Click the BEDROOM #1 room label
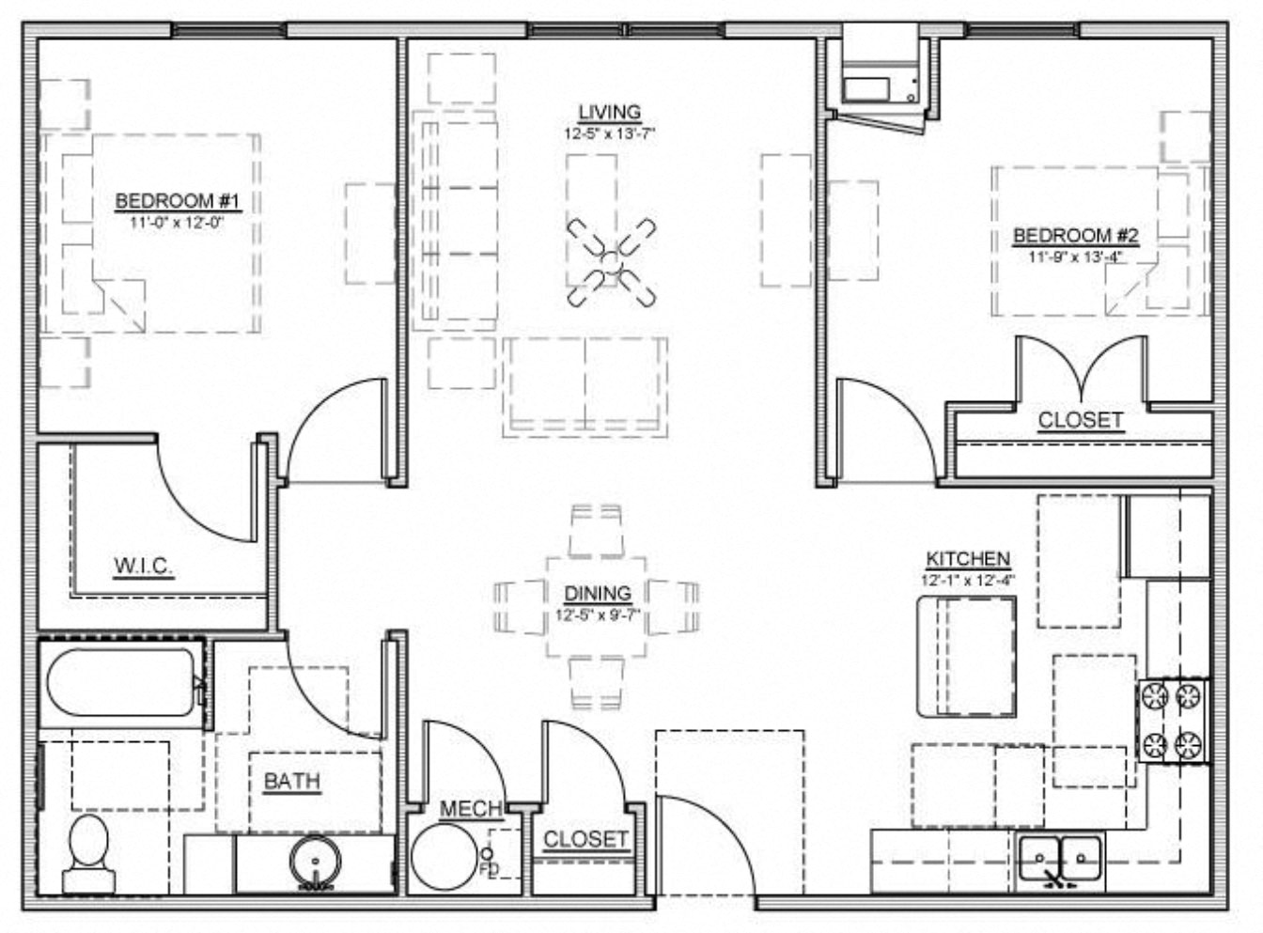[179, 201]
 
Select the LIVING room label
[609, 112]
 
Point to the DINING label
[598, 593]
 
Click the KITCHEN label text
[968, 559]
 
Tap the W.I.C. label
[143, 566]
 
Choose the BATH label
[291, 781]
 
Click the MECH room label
[471, 809]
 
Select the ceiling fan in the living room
[611, 262]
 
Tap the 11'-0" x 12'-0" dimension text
[179, 223]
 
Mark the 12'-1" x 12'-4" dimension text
[968, 580]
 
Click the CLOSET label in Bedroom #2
[1080, 420]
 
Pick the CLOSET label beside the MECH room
[585, 839]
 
